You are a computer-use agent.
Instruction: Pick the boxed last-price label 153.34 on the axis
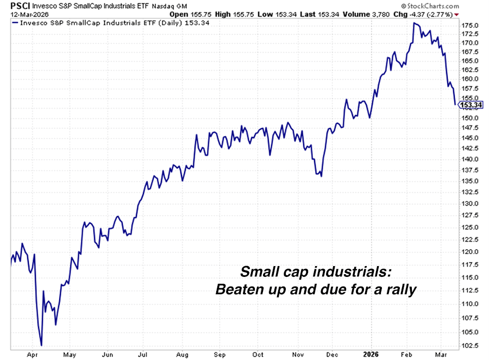point(471,105)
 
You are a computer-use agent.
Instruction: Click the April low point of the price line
point(41,345)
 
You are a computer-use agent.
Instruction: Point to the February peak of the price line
point(414,23)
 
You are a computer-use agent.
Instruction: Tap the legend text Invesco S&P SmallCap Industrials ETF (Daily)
point(87,23)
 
